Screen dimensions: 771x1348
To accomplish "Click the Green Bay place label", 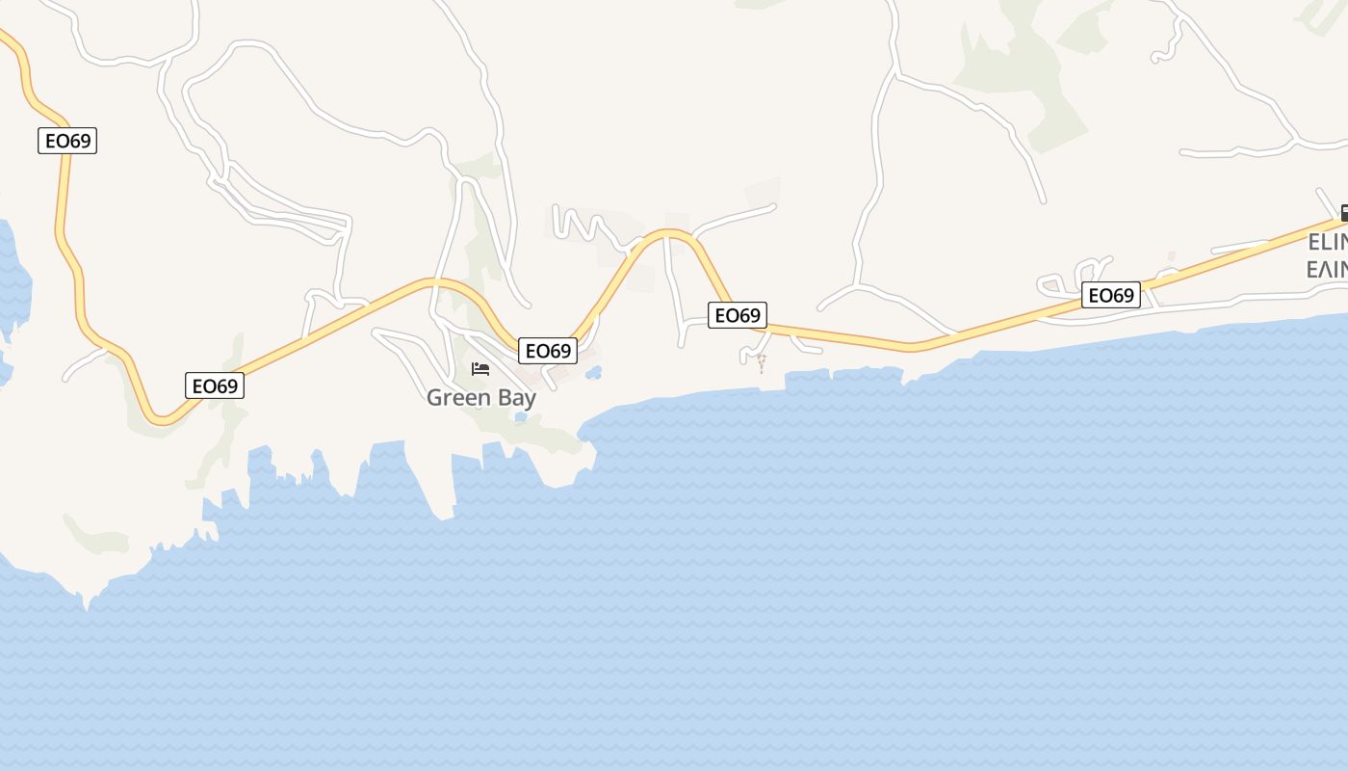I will pyautogui.click(x=480, y=397).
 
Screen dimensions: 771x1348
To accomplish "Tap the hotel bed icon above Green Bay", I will pyautogui.click(x=480, y=369).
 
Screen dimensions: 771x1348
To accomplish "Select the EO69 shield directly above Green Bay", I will pyautogui.click(x=548, y=351).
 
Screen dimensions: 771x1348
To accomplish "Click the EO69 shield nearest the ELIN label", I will pyautogui.click(x=1111, y=295).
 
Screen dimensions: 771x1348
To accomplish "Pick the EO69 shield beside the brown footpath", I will pyautogui.click(x=738, y=315).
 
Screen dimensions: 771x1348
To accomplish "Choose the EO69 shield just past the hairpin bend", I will pyautogui.click(x=215, y=386).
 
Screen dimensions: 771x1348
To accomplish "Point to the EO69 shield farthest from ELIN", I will pyautogui.click(x=68, y=141).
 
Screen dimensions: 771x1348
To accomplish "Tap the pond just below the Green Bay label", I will pyautogui.click(x=521, y=417).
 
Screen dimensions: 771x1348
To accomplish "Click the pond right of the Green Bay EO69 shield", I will pyautogui.click(x=593, y=372).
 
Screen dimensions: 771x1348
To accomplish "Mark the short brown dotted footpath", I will pyautogui.click(x=761, y=363).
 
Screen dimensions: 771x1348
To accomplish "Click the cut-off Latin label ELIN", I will pyautogui.click(x=1327, y=242).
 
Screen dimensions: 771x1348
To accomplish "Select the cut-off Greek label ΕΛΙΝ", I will pyautogui.click(x=1327, y=268).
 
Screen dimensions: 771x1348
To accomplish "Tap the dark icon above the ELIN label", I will pyautogui.click(x=1343, y=213).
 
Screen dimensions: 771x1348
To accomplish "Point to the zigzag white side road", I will pyautogui.click(x=583, y=224).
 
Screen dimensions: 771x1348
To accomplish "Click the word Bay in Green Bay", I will pyautogui.click(x=515, y=397).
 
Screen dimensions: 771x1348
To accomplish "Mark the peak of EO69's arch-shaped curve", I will pyautogui.click(x=669, y=232).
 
